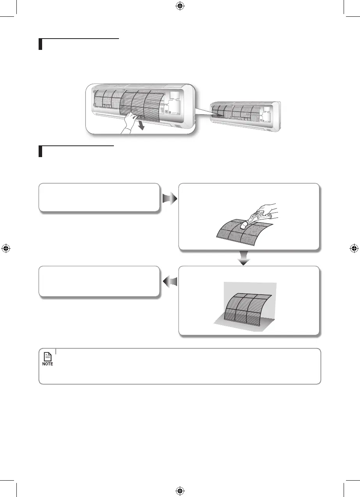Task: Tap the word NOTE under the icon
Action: click(x=48, y=364)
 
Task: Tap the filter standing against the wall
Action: click(x=245, y=308)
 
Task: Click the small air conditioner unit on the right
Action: click(x=245, y=116)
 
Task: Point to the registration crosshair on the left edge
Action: click(x=5, y=248)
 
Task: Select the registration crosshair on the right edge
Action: click(x=354, y=248)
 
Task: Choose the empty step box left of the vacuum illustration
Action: click(x=99, y=198)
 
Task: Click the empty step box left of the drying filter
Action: click(x=99, y=282)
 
